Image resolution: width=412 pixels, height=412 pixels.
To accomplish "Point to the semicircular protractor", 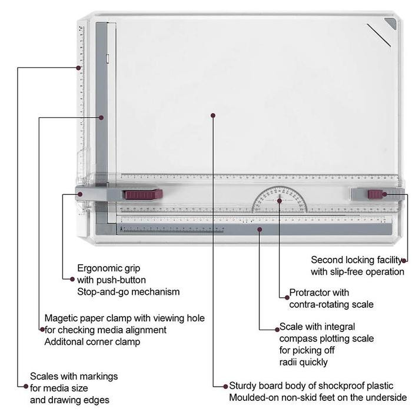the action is coord(280,200).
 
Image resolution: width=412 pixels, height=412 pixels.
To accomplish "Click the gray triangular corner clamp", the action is coord(390,24).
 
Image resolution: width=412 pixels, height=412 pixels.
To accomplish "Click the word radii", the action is coord(288,362).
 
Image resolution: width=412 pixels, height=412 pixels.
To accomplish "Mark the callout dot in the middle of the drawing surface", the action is coord(213,115).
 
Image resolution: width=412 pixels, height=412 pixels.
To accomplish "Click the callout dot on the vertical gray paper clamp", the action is coord(101,118).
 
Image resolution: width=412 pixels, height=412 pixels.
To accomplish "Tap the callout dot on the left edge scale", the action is coord(78,68).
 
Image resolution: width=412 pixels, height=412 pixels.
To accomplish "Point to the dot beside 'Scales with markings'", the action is coord(26,386).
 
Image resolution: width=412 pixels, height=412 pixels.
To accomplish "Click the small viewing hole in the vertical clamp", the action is coord(108,59).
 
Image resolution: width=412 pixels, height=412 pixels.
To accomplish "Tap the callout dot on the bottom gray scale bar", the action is coord(260,230).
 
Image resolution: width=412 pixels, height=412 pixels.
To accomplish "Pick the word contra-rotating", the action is coord(317,304).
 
